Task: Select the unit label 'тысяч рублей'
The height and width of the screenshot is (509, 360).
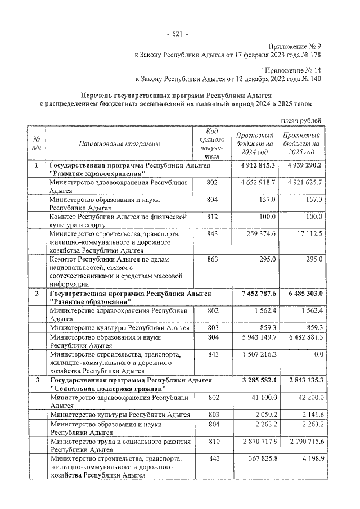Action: pyautogui.click(x=301, y=120)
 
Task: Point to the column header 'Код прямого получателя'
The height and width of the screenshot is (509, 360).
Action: pyautogui.click(x=212, y=143)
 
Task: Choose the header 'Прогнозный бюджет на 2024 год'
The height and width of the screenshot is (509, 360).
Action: pyautogui.click(x=255, y=144)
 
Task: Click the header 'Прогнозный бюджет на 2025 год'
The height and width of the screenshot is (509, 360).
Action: pyautogui.click(x=301, y=144)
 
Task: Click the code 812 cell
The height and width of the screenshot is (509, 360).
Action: pyautogui.click(x=212, y=217)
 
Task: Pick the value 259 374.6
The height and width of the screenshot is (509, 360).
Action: pyautogui.click(x=258, y=233)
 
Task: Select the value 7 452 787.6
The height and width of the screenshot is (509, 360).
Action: pyautogui.click(x=257, y=294)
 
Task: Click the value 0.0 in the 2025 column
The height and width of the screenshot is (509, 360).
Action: pyautogui.click(x=315, y=355)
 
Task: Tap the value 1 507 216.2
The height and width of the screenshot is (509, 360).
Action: pyautogui.click(x=257, y=355)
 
